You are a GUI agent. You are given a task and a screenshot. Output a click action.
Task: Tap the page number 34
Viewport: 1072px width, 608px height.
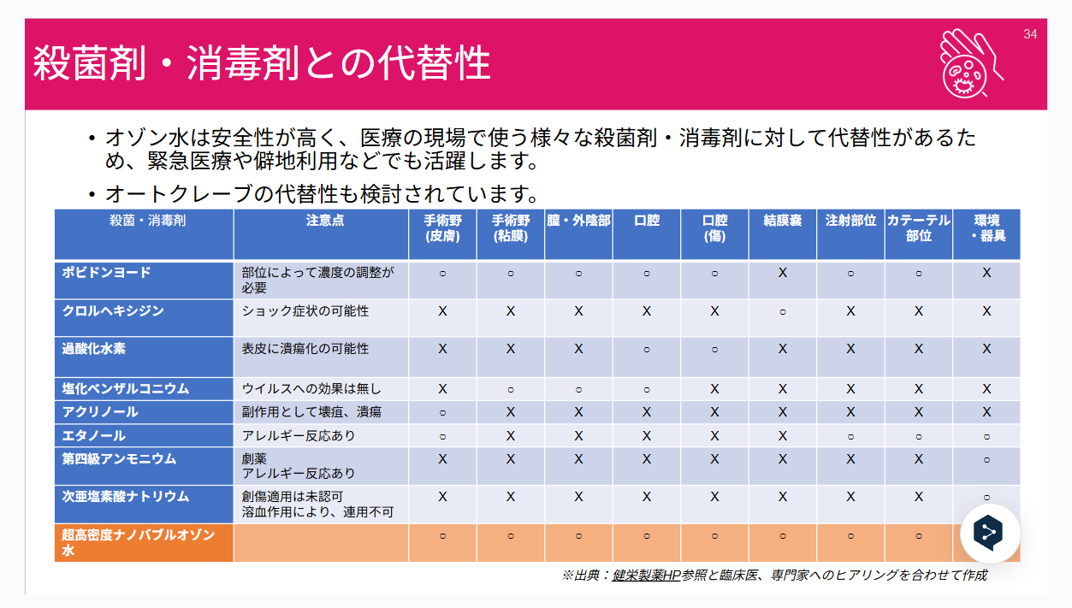click(1030, 34)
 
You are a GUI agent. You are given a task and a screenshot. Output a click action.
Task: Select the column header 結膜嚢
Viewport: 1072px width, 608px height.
click(782, 221)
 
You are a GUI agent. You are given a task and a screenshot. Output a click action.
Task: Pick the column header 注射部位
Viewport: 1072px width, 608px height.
click(850, 221)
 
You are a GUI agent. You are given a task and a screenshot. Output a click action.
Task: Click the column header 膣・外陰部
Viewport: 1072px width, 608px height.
click(578, 221)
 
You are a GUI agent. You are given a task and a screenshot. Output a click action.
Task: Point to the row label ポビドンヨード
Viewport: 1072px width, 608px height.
click(106, 273)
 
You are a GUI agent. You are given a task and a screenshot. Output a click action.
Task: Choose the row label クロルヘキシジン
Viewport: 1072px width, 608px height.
click(113, 311)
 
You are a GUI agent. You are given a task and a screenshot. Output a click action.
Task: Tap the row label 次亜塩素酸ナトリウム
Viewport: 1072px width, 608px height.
click(126, 497)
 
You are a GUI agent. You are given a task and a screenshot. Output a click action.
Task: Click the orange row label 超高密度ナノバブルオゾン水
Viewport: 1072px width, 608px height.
click(137, 542)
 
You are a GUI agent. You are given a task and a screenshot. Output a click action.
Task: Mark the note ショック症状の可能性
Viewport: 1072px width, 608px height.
click(305, 311)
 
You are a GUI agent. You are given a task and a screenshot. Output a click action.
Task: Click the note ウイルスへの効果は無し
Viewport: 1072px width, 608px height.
click(311, 389)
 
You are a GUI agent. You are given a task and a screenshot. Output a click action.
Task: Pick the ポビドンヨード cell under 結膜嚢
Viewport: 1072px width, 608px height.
click(782, 273)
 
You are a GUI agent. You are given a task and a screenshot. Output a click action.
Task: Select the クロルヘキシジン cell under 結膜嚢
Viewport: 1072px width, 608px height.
click(782, 311)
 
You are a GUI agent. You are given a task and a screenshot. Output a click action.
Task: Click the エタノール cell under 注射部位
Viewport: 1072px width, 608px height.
click(850, 435)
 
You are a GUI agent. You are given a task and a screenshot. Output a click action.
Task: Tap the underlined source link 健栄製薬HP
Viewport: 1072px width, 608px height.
click(646, 576)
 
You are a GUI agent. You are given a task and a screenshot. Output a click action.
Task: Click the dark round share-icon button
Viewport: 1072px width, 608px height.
click(991, 534)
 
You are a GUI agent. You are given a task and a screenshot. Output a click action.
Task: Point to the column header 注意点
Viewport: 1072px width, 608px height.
click(325, 221)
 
